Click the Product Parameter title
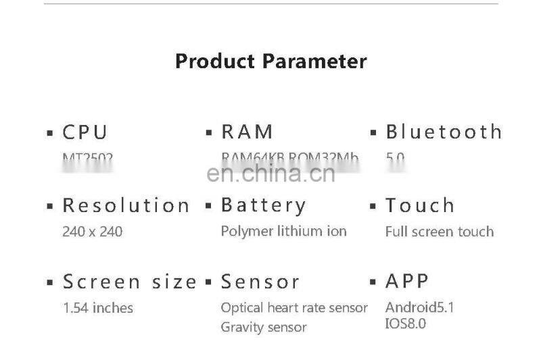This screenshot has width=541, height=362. click(x=270, y=61)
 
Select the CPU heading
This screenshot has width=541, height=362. click(x=85, y=132)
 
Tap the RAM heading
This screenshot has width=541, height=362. click(x=247, y=132)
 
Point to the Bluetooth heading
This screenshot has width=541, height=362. click(x=444, y=132)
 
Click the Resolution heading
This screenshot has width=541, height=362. click(x=126, y=205)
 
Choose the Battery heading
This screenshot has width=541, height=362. click(x=264, y=205)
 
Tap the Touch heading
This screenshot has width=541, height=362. click(x=420, y=205)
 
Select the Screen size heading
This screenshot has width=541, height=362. click(x=130, y=282)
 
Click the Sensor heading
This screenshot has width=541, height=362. click(x=260, y=282)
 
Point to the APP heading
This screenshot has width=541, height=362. click(x=407, y=281)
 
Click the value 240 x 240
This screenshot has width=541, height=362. click(x=92, y=232)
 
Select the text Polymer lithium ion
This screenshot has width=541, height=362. click(x=283, y=231)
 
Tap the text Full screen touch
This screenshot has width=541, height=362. click(x=439, y=232)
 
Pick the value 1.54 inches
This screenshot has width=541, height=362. click(x=97, y=308)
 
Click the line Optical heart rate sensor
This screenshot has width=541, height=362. click(x=294, y=308)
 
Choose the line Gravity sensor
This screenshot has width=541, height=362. click(x=264, y=328)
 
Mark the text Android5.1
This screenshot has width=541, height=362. click(x=419, y=308)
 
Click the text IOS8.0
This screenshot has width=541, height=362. click(x=406, y=324)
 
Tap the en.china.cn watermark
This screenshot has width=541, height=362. click(x=270, y=174)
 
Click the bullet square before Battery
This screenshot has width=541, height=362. click(x=209, y=205)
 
